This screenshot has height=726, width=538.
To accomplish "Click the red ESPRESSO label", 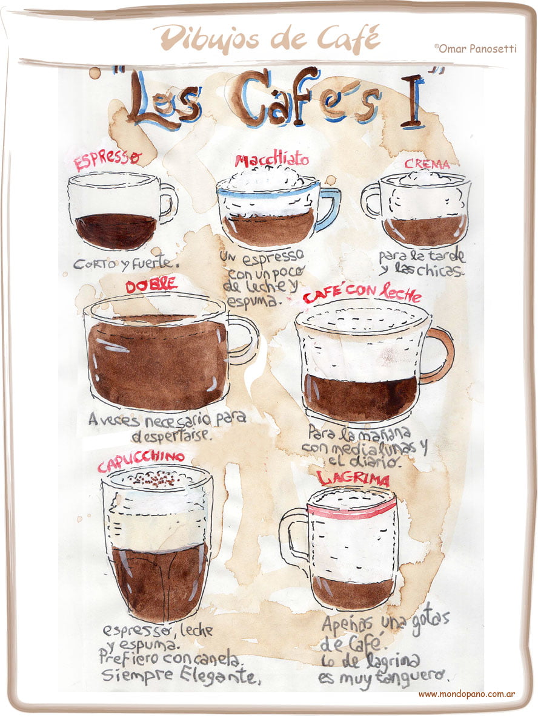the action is click(107, 160).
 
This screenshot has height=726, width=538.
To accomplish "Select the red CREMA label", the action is click(427, 164).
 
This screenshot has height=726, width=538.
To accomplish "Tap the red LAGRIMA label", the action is click(353, 479).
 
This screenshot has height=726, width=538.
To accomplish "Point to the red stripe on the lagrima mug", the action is click(351, 509).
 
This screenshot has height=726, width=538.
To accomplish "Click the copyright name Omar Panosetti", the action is click(476, 48).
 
